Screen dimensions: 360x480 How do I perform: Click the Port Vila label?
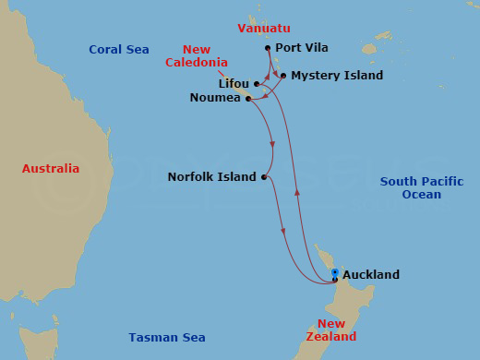pos(302,48)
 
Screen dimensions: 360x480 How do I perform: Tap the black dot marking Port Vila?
pos(268,48)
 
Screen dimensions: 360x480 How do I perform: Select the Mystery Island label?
pos(337,76)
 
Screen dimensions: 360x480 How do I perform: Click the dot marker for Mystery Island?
pos(282,76)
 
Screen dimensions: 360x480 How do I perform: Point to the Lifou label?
pos(234,84)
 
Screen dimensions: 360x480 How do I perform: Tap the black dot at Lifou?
pos(256,84)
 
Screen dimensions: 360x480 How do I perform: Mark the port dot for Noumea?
pos(248,98)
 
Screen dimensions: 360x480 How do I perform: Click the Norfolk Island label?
pos(212,177)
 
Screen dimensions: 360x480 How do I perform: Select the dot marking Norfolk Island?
pos(264,177)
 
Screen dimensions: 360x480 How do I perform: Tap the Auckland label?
pos(371,275)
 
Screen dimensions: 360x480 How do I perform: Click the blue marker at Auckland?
pos(334,273)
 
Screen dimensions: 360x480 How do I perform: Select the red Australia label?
pos(51,169)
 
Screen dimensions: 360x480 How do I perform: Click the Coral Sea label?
pos(119,50)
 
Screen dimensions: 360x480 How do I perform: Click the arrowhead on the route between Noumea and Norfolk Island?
pos(273,143)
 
